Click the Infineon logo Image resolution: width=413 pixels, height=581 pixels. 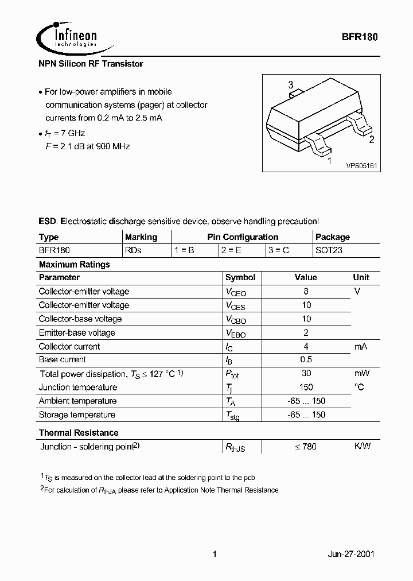pos(67,37)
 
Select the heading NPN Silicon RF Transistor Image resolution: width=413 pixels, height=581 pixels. pos(91,64)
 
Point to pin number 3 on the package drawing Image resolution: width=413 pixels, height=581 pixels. pos(291,85)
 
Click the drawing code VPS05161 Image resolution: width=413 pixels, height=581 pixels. pos(361,165)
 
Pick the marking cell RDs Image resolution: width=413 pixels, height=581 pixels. pos(133,250)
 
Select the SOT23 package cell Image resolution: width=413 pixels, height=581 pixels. pos(329,250)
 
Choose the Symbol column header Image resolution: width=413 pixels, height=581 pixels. pos(240,277)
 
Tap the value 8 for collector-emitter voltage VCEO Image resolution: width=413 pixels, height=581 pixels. pos(306,291)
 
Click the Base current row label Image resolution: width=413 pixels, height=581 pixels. pos(63,359)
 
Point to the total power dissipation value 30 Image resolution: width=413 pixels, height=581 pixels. pos(306,373)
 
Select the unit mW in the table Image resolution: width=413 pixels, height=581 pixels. pos(361,373)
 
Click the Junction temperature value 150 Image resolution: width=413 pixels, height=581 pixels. pos(306,387)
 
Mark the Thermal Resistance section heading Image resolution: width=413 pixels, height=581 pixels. pos(79,432)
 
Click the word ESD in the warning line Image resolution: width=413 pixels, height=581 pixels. pos(48,221)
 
